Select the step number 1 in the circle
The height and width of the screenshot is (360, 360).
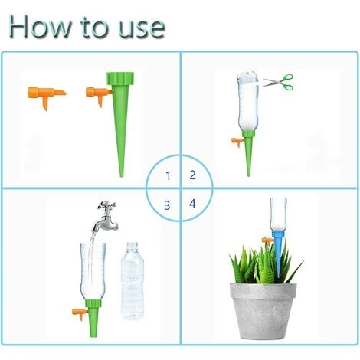click(168, 176)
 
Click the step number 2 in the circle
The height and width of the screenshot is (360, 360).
click(192, 175)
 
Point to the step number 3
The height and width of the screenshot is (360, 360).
click(167, 205)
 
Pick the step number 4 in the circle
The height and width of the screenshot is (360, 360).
click(192, 204)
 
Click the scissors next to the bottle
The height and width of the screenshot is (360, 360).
click(279, 83)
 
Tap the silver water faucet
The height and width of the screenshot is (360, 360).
click(105, 217)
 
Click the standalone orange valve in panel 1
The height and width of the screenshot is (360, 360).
click(46, 96)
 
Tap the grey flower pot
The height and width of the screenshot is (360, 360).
click(263, 311)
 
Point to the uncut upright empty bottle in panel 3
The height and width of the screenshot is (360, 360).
click(133, 281)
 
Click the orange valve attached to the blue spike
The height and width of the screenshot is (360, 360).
click(267, 241)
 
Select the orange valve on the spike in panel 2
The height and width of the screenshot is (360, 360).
click(238, 142)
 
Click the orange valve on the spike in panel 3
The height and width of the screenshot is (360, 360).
click(80, 313)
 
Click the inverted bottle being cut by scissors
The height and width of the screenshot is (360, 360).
click(248, 102)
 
